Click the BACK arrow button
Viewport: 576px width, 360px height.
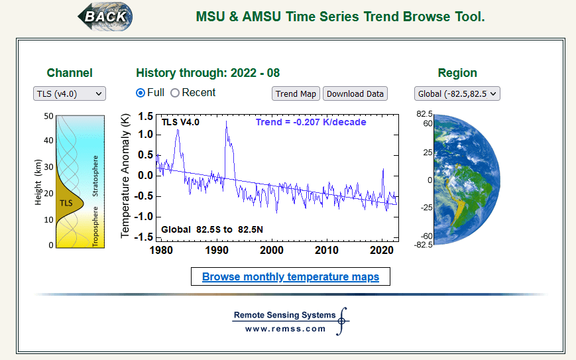coord(105,15)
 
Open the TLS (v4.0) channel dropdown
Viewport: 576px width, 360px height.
coord(69,93)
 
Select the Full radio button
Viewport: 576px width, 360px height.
coord(141,93)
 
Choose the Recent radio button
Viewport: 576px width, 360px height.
coord(175,93)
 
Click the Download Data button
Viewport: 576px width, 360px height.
coord(355,93)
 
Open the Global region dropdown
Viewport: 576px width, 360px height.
coord(457,93)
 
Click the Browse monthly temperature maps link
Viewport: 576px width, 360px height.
coord(290,276)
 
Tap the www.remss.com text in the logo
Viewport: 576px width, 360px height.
coord(285,329)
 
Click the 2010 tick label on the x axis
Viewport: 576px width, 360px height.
coord(327,250)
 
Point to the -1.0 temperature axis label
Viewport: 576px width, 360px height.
coord(143,217)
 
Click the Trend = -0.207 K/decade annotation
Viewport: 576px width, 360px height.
coord(311,122)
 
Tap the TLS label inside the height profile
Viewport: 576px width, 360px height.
coord(66,202)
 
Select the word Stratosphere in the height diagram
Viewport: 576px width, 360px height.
coord(95,176)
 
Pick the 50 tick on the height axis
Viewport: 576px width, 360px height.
coord(48,116)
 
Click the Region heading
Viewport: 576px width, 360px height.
coord(457,73)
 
